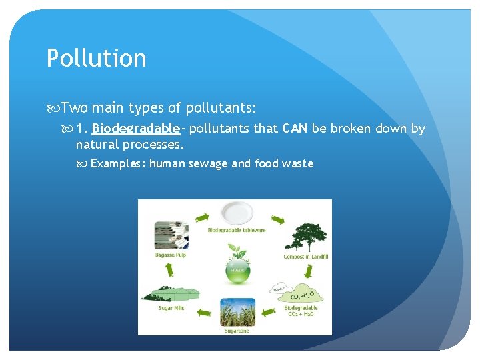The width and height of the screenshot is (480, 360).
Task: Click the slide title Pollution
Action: [96, 59]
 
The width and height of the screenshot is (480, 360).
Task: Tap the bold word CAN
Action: [295, 128]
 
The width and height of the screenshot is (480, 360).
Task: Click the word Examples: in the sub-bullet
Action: [118, 163]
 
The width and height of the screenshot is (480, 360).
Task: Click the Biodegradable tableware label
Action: [236, 231]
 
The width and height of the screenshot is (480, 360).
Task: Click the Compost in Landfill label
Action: [305, 257]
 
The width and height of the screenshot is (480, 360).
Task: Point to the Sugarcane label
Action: [237, 330]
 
